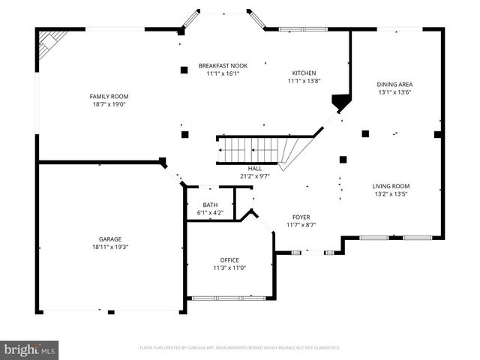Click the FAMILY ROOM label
click(109, 96)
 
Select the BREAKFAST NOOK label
click(223, 66)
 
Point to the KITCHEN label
click(304, 73)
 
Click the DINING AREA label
click(394, 84)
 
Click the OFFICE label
click(229, 259)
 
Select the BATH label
click(210, 205)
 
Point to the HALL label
click(256, 169)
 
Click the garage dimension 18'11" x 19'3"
click(109, 247)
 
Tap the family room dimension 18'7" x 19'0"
click(109, 104)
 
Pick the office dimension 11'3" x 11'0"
click(229, 268)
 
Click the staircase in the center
click(255, 149)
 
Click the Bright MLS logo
click(30, 349)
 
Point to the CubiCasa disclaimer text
click(240, 348)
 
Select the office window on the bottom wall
click(229, 298)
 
